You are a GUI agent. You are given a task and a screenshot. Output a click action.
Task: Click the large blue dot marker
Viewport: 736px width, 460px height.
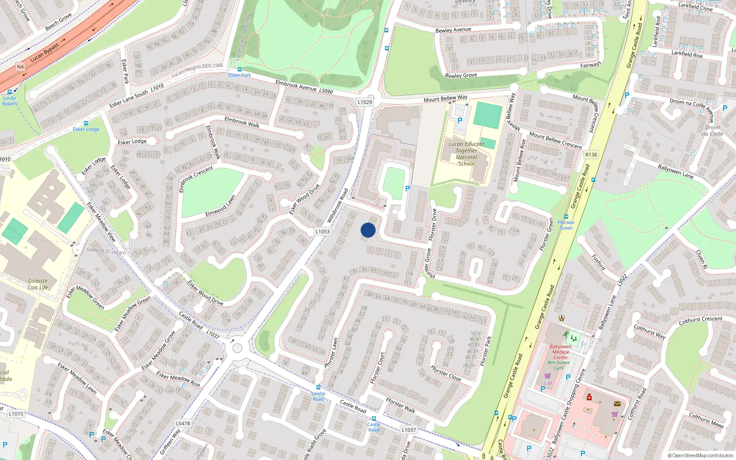(368, 230)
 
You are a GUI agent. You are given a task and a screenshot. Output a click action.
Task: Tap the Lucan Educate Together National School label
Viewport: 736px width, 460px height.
(466, 154)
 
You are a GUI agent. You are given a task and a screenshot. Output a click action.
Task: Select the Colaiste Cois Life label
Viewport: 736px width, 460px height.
(38, 284)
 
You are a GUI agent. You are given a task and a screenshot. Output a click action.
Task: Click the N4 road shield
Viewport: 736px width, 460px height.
(20, 67)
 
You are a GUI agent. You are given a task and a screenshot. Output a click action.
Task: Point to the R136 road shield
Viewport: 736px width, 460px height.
(591, 155)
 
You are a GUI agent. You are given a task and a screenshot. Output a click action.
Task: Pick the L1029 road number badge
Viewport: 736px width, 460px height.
(365, 102)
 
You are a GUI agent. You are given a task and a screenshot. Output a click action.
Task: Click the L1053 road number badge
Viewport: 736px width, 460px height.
(322, 231)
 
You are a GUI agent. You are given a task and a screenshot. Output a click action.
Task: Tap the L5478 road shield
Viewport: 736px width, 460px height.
(183, 423)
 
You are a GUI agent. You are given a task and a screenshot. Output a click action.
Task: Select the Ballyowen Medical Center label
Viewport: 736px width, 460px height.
(560, 352)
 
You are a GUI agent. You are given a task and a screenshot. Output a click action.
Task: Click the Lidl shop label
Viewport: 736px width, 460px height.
(548, 383)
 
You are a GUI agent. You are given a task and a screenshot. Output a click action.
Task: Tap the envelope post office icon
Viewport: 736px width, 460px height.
(617, 404)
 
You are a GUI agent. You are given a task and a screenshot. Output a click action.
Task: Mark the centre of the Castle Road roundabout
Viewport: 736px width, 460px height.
(237, 348)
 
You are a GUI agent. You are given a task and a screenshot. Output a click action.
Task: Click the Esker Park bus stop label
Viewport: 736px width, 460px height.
(240, 75)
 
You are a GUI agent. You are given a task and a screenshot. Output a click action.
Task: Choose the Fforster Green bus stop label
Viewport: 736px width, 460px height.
(566, 225)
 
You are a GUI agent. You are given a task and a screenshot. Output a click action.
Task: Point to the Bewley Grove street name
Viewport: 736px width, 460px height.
(461, 75)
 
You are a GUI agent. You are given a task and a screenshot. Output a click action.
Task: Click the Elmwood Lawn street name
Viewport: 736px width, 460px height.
(220, 206)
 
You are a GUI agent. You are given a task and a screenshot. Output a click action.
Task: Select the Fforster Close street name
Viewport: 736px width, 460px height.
(445, 373)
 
